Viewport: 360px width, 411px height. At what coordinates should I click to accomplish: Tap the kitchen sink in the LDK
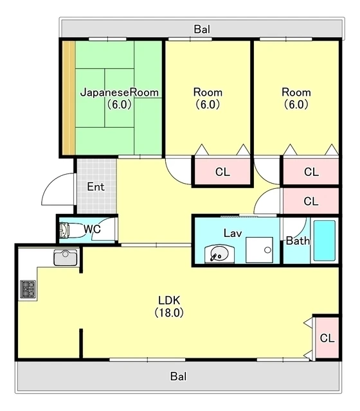[x=66, y=258]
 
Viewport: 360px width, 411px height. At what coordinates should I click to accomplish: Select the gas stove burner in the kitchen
[x=28, y=289]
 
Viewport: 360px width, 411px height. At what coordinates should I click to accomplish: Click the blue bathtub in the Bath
[x=324, y=241]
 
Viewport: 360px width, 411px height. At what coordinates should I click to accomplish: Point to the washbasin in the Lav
[x=219, y=254]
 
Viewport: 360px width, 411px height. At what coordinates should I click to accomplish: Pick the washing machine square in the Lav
[x=259, y=250]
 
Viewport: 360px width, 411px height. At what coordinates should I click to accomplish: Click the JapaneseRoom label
[x=120, y=92]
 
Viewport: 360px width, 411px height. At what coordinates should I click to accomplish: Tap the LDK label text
[x=169, y=301]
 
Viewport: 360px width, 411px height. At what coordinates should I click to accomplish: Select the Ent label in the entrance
[x=96, y=187]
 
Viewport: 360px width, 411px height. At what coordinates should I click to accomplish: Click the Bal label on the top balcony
[x=202, y=29]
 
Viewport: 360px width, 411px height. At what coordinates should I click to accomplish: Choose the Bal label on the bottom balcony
[x=179, y=376]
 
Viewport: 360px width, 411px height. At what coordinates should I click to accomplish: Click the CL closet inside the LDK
[x=327, y=338]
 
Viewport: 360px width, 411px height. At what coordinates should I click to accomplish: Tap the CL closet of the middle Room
[x=222, y=171]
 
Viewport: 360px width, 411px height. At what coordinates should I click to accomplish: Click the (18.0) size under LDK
[x=169, y=313]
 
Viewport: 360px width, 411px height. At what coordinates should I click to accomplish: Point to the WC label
[x=92, y=229]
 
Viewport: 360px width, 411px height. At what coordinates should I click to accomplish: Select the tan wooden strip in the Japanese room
[x=69, y=98]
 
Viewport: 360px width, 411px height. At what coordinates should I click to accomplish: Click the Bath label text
[x=298, y=241]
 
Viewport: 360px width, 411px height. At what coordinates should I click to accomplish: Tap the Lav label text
[x=233, y=233]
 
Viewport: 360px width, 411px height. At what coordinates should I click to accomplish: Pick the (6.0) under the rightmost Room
[x=296, y=105]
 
